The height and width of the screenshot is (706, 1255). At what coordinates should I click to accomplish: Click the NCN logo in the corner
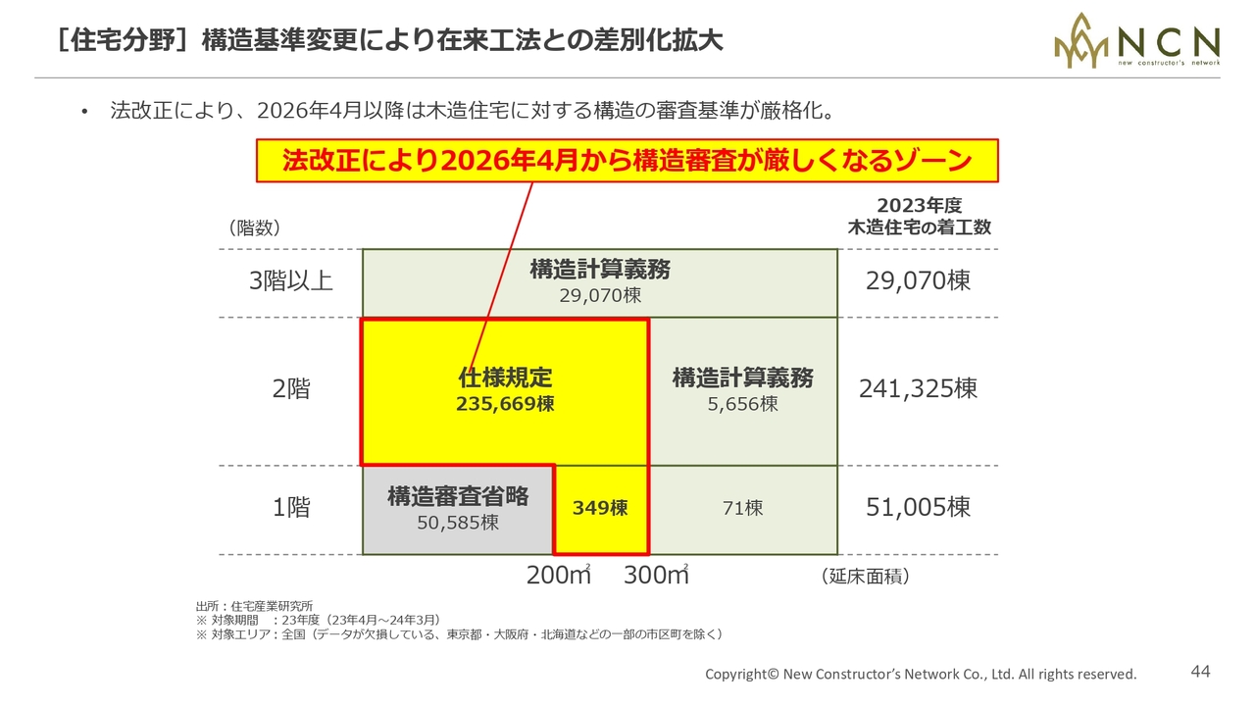click(x=1136, y=41)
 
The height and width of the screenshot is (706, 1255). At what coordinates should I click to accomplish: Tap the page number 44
click(x=1200, y=672)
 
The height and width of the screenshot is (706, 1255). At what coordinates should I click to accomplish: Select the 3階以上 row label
click(x=291, y=280)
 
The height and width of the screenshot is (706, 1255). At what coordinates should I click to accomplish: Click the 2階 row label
click(x=291, y=388)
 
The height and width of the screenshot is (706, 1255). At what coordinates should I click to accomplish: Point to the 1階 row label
click(x=291, y=507)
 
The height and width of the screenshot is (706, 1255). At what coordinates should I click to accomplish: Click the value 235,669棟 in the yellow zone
click(x=505, y=404)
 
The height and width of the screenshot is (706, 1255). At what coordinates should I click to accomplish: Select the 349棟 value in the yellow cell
click(x=600, y=508)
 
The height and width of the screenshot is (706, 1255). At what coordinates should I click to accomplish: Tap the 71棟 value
click(x=742, y=508)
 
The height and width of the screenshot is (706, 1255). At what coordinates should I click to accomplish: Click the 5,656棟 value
click(x=742, y=404)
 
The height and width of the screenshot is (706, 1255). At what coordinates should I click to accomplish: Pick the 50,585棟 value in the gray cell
click(x=458, y=523)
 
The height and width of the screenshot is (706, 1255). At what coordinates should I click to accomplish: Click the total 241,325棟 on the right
click(x=918, y=388)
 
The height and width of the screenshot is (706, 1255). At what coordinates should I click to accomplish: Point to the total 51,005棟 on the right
click(x=918, y=507)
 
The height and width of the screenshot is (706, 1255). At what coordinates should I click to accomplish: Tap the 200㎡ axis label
click(x=559, y=575)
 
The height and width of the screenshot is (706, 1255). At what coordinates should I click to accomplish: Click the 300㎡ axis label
click(x=656, y=575)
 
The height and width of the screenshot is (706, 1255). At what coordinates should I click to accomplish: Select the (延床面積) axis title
click(x=865, y=576)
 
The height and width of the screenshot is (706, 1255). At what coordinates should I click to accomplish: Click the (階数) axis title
click(x=254, y=228)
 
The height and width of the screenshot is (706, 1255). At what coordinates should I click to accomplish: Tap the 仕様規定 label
click(x=505, y=378)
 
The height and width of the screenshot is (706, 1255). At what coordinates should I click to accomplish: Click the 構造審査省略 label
click(x=458, y=496)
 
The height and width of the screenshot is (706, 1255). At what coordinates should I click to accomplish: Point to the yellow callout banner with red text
click(x=627, y=161)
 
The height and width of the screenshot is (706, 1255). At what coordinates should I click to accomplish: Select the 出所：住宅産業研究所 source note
click(x=254, y=606)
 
